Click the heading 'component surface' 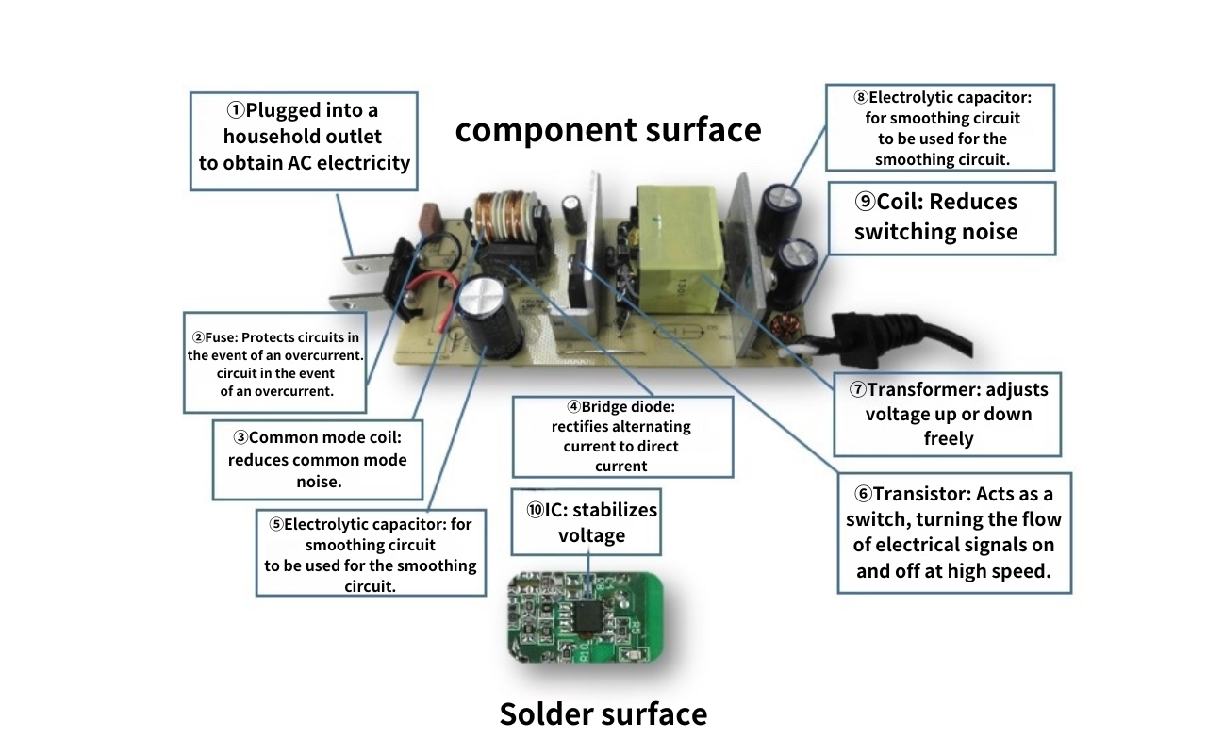607,129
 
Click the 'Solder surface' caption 603,713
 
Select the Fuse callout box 274,364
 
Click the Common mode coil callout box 317,460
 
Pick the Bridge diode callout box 621,435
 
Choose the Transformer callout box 947,414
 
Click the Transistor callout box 953,533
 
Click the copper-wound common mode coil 504,219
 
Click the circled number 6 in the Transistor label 862,494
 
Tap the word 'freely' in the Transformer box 948,438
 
